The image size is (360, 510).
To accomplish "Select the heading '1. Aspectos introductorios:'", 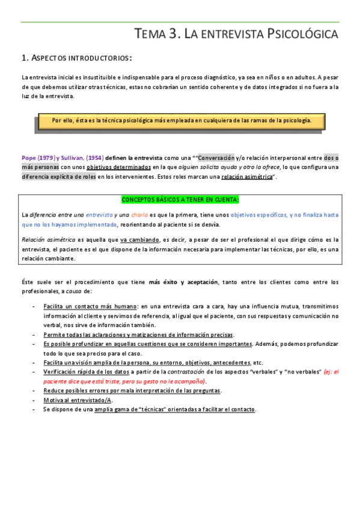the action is (77, 58).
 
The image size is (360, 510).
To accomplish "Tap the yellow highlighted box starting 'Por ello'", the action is (181, 120).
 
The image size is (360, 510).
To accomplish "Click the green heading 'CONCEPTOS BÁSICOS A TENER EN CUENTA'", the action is (180, 199).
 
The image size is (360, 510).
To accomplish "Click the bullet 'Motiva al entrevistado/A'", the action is (78, 400).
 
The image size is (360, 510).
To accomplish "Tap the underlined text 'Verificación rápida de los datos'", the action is (87, 372).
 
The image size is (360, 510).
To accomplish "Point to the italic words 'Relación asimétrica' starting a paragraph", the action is (46, 239).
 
